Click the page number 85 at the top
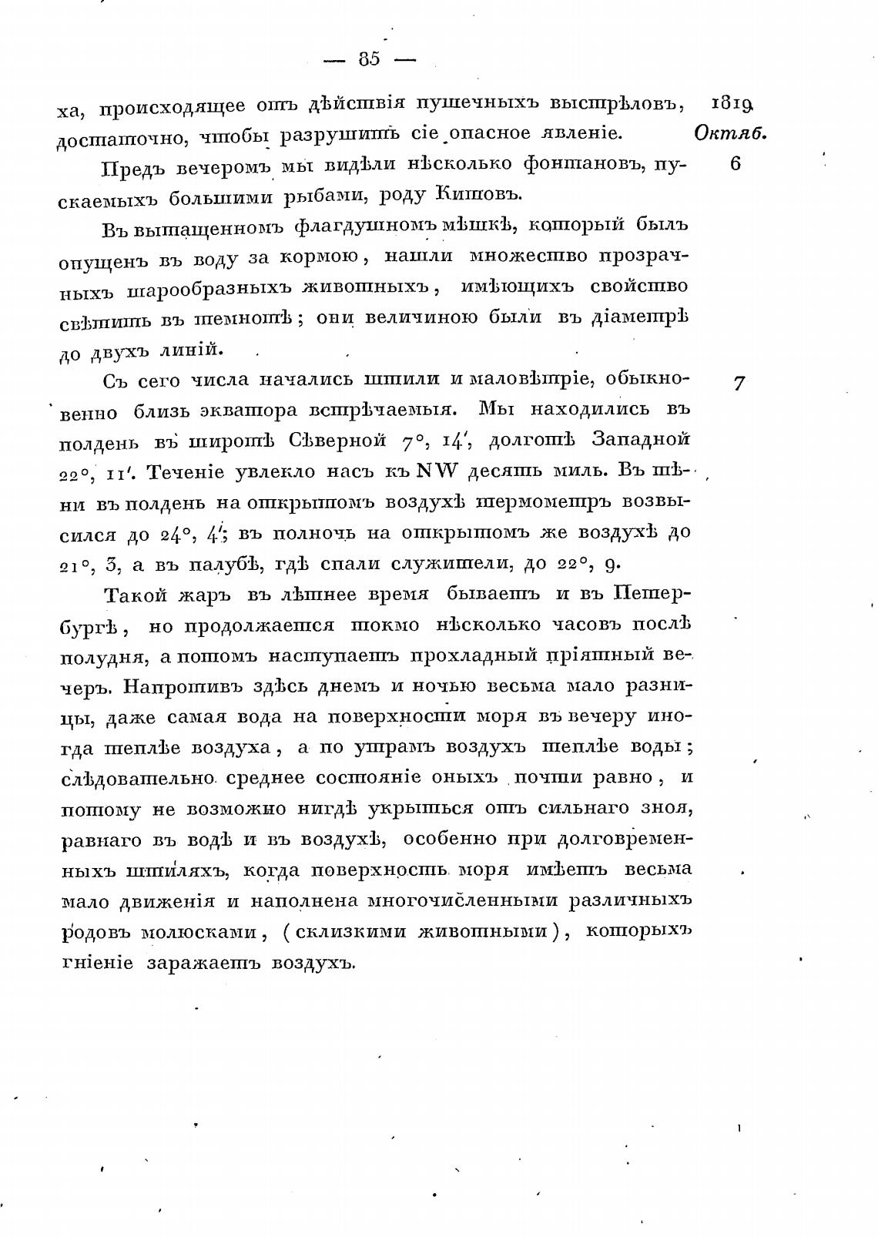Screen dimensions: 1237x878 click(369, 59)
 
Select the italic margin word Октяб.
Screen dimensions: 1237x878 click(730, 133)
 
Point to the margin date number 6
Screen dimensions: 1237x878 click(735, 164)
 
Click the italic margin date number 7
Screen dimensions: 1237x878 click(739, 383)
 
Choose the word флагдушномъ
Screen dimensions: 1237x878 click(354, 226)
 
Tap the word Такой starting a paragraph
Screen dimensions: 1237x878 click(132, 595)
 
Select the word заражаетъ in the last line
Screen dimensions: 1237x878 click(202, 963)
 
